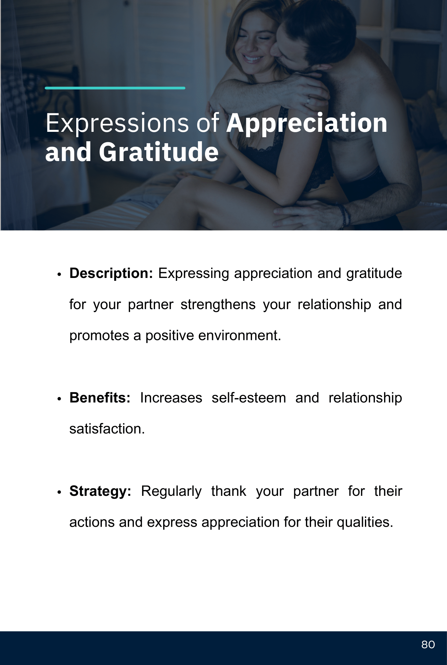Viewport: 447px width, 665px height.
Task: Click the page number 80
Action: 428,645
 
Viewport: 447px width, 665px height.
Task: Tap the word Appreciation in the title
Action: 307,123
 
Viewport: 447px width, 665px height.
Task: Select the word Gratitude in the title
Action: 159,152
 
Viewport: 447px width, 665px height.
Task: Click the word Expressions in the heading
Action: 117,123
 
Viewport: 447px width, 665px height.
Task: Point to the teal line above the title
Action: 115,88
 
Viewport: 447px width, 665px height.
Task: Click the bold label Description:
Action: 111,274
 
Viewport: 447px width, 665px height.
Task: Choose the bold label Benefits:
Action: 100,398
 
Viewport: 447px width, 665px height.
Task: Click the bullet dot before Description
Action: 59,274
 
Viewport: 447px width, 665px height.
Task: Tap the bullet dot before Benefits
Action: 59,399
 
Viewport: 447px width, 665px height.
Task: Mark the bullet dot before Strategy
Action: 59,492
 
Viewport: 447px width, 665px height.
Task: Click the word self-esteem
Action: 249,398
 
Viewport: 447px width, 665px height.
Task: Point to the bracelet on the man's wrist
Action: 344,215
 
